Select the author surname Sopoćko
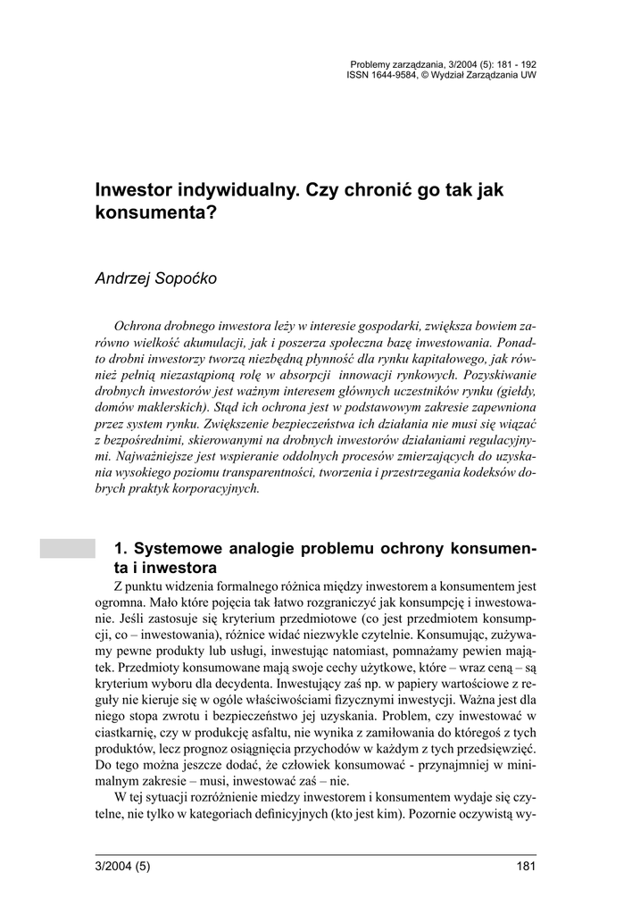[x=185, y=278]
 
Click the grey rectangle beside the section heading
[x=67, y=548]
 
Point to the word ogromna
[x=122, y=602]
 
